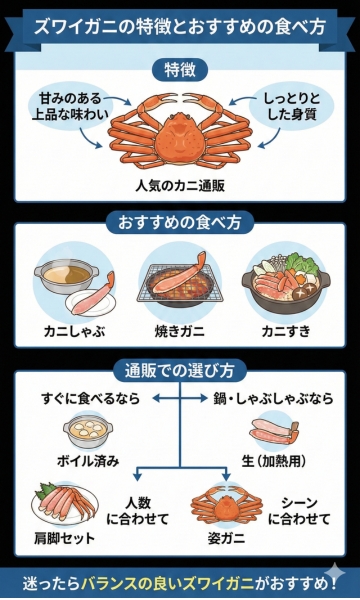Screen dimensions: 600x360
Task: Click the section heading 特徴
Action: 180,69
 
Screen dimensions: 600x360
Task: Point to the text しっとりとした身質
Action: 294,108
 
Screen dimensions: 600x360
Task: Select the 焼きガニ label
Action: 179,329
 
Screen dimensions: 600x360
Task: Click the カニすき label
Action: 285,329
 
